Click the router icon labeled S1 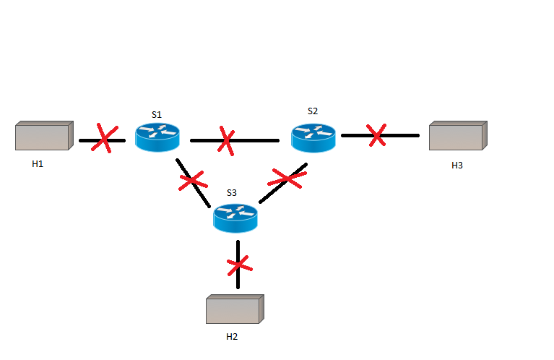coord(157,137)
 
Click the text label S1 coord(157,114)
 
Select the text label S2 coord(312,111)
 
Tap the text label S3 coord(231,193)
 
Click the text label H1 coord(38,164)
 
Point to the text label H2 coord(232,337)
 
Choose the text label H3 coord(457,166)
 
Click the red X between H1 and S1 coord(104,139)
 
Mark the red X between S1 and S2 coord(226,140)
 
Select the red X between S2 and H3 coord(376,134)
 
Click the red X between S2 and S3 coord(287,178)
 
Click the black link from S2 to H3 coord(401,135)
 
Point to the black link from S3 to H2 coord(238,282)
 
